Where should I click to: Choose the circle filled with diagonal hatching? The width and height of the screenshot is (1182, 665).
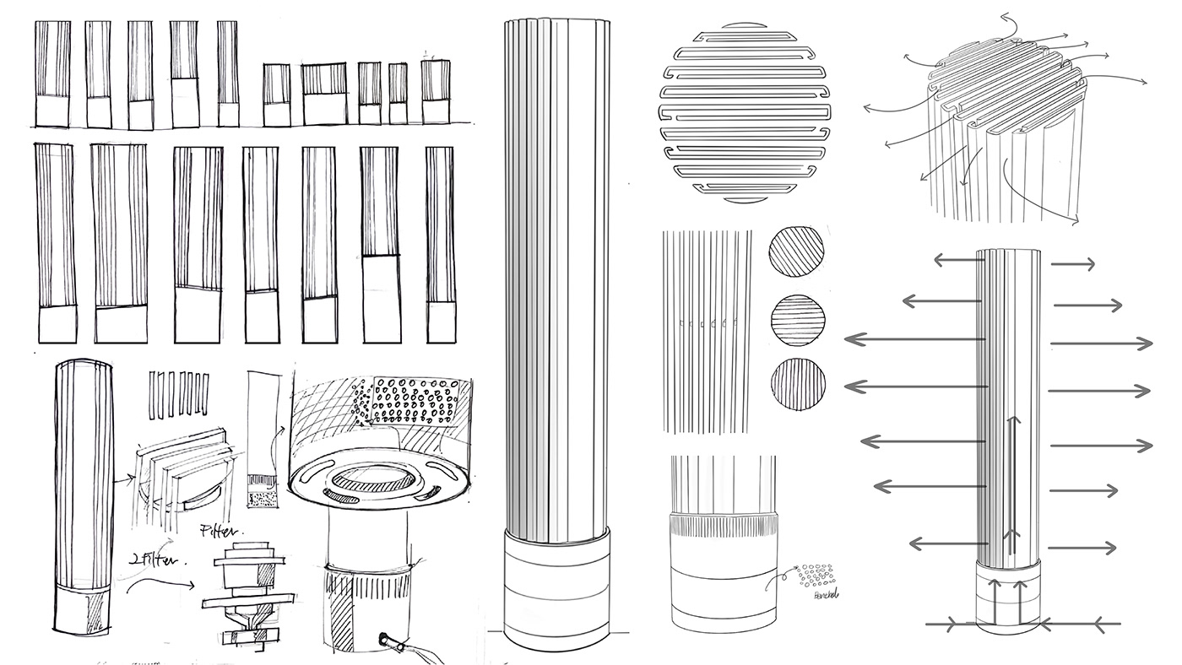pyautogui.click(x=796, y=251)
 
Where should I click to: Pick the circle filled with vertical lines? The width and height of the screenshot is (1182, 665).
pyautogui.click(x=798, y=383)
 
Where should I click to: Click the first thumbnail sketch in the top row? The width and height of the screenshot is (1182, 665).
pyautogui.click(x=52, y=74)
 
